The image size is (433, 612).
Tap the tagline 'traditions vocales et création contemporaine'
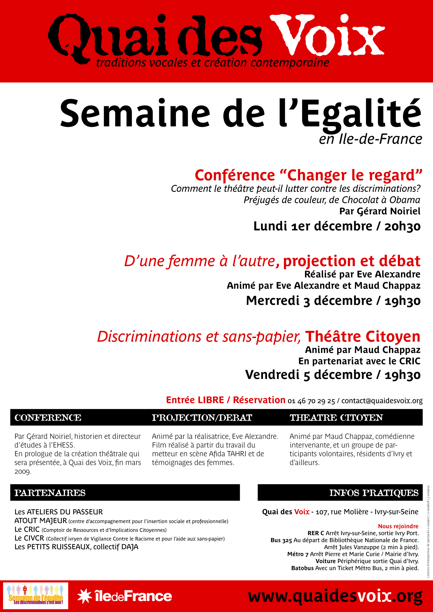213,63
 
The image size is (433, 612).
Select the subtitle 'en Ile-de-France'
370,139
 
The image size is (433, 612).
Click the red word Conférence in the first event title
235,175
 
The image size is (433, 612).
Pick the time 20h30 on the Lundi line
402,226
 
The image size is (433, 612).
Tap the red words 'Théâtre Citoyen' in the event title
363,336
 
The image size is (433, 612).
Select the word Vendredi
272,375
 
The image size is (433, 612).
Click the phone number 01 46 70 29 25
311,401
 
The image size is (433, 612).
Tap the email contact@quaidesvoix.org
382,401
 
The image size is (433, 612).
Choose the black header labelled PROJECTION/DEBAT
202,418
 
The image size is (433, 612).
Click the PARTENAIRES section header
50,493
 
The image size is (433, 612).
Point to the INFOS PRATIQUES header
374,493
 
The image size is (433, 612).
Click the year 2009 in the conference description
23,471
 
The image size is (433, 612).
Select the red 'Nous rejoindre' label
398,526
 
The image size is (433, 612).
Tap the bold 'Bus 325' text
281,540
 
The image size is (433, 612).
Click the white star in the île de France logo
85,596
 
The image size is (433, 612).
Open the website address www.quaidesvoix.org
335,596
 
